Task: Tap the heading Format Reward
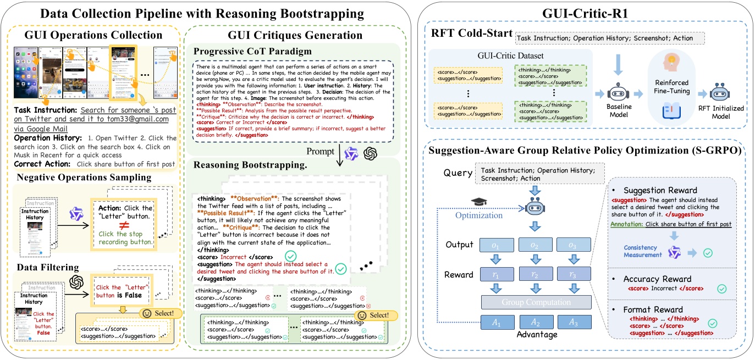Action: pos(653,309)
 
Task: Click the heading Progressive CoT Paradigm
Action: pos(252,51)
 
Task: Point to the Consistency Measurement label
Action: pos(643,252)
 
